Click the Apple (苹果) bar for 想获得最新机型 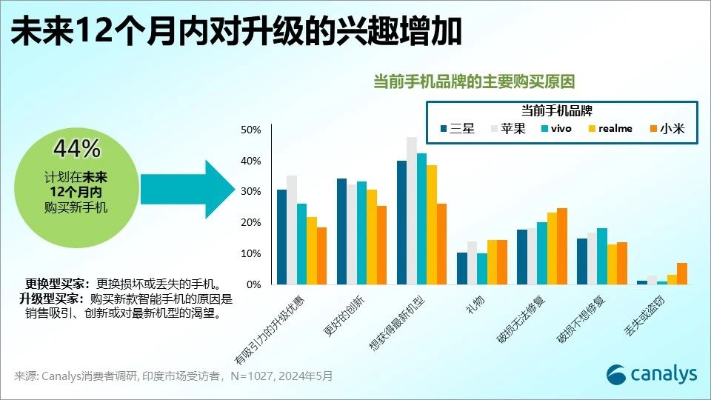tap(412, 211)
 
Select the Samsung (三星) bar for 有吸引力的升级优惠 tap(281, 237)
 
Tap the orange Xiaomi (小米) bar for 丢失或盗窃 tap(682, 274)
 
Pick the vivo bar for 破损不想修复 tap(601, 256)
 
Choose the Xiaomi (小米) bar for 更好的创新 tap(381, 245)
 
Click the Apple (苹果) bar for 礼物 tap(472, 263)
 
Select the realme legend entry tap(608, 128)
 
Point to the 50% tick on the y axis tap(252, 130)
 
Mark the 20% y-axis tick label tap(252, 223)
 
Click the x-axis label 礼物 tap(474, 305)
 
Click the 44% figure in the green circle tap(76, 149)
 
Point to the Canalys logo tap(652, 374)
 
